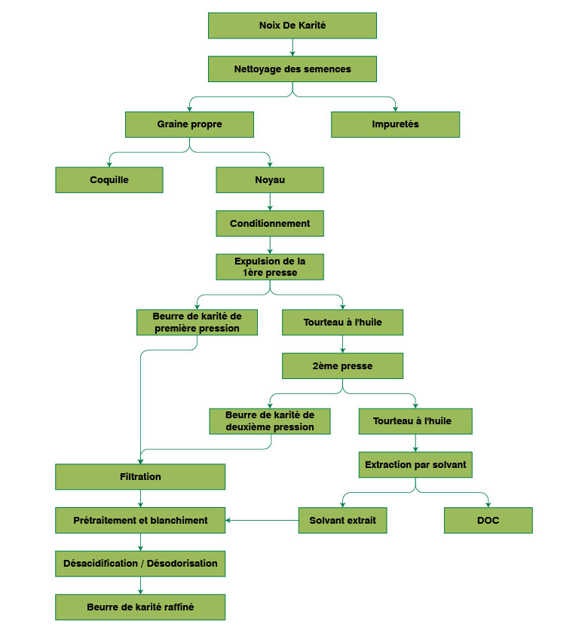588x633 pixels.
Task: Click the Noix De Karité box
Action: pyautogui.click(x=292, y=25)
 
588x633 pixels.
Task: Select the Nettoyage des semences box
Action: pyautogui.click(x=292, y=69)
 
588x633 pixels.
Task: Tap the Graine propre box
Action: pyautogui.click(x=189, y=124)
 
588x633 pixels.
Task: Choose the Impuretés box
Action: pyautogui.click(x=395, y=124)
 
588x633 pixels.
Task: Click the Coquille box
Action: pyautogui.click(x=109, y=180)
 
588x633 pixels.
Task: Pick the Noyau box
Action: pyautogui.click(x=270, y=180)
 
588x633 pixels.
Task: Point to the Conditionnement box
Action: pyautogui.click(x=270, y=224)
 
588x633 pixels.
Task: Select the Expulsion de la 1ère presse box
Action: pyautogui.click(x=270, y=267)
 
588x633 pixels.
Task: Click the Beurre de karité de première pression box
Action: pyautogui.click(x=197, y=322)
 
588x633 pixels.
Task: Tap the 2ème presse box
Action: pyautogui.click(x=342, y=366)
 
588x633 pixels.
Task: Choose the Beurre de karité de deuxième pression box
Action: pyautogui.click(x=270, y=421)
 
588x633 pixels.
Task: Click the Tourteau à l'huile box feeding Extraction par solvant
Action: pyautogui.click(x=415, y=421)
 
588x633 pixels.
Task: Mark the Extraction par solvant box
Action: pyautogui.click(x=415, y=465)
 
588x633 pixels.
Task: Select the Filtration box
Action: pyautogui.click(x=140, y=477)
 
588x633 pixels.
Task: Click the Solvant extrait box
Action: pyautogui.click(x=343, y=520)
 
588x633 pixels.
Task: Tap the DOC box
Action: pyautogui.click(x=488, y=520)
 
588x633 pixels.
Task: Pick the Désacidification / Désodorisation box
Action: pyautogui.click(x=140, y=564)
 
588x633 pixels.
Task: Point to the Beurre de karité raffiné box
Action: pyautogui.click(x=140, y=607)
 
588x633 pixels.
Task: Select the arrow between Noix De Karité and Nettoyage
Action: pyautogui.click(x=292, y=47)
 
